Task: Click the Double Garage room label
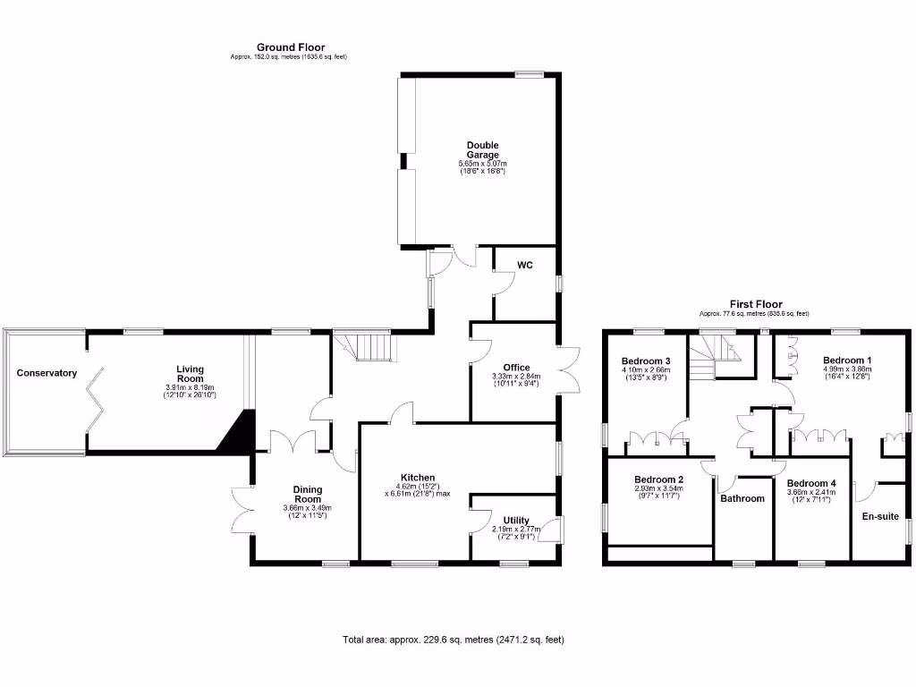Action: tap(482, 149)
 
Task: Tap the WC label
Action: tap(526, 266)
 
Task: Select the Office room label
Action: tap(516, 368)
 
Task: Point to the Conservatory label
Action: tap(47, 373)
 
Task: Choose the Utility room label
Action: tap(516, 521)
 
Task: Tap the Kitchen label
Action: tap(418, 478)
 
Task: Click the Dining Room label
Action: tap(308, 495)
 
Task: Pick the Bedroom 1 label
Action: tap(844, 360)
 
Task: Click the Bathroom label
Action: tap(743, 498)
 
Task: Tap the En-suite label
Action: tap(879, 516)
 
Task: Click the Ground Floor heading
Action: tap(291, 47)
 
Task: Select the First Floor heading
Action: tap(755, 304)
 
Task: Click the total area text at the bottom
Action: tap(454, 640)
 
